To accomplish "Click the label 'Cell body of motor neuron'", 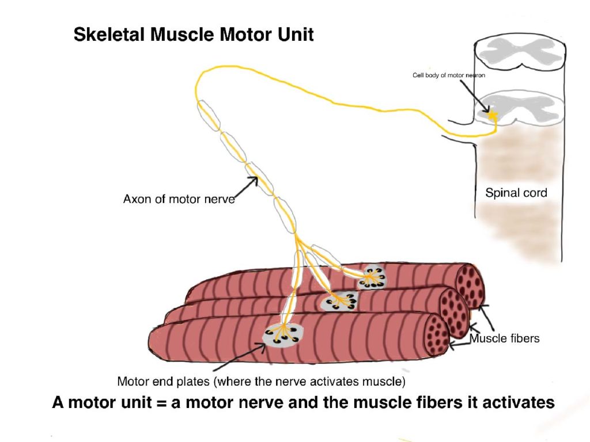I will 451,75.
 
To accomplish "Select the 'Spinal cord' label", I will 516,193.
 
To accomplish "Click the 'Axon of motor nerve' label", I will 180,200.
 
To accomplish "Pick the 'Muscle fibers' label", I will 505,338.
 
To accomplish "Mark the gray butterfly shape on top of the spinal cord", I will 516,52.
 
